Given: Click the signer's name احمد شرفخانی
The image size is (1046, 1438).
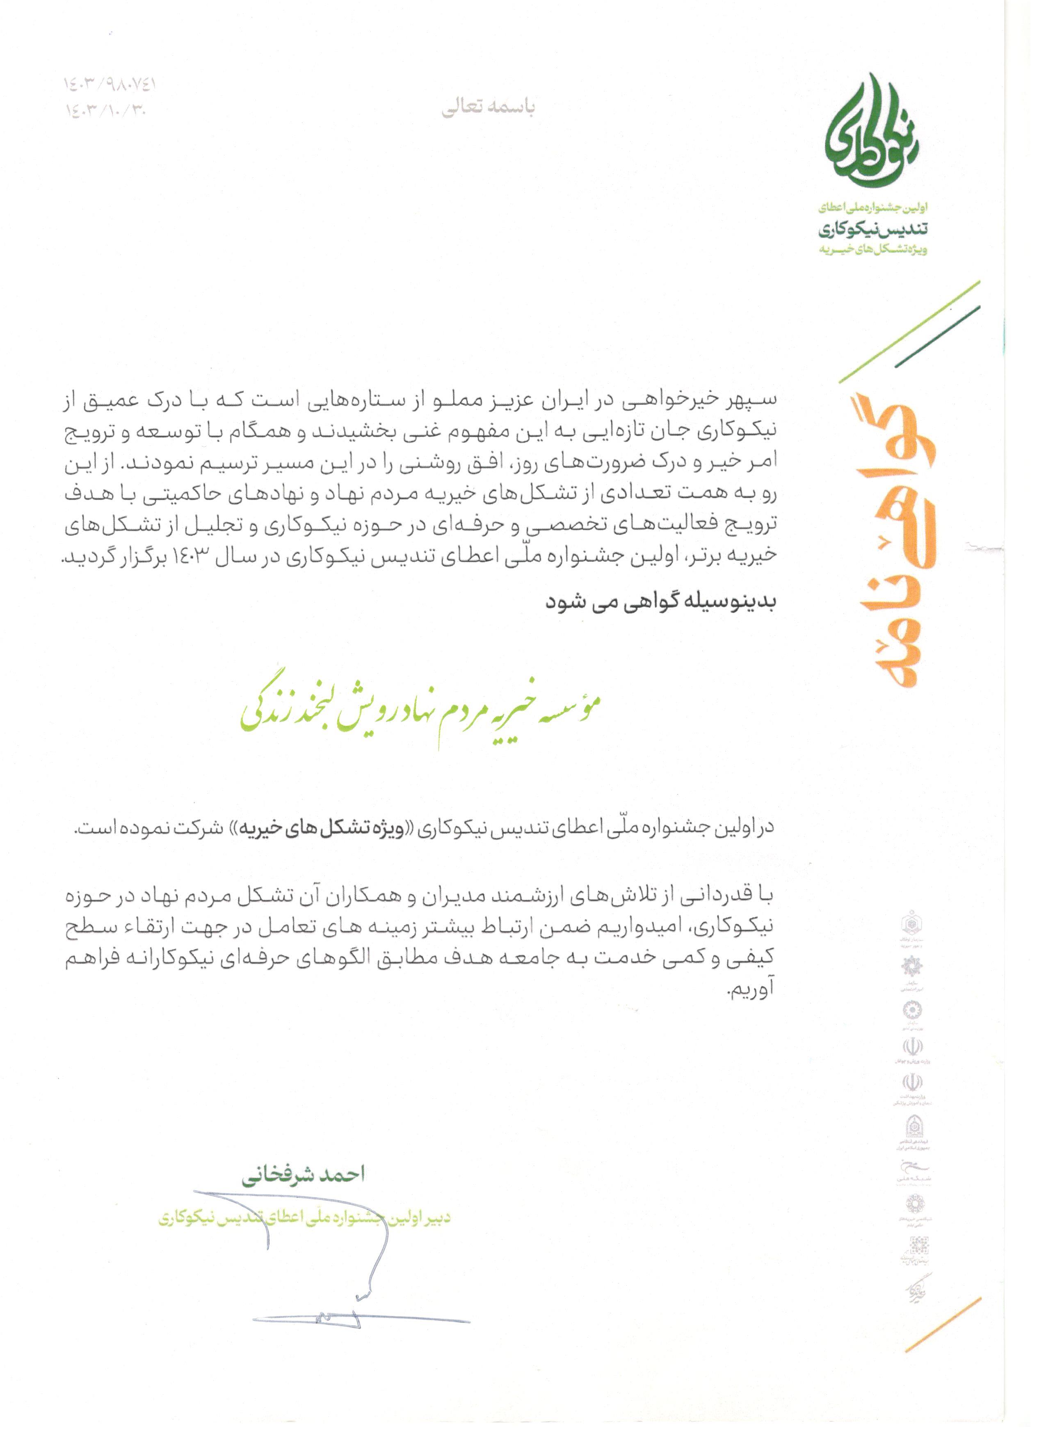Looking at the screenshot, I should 303,1175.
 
